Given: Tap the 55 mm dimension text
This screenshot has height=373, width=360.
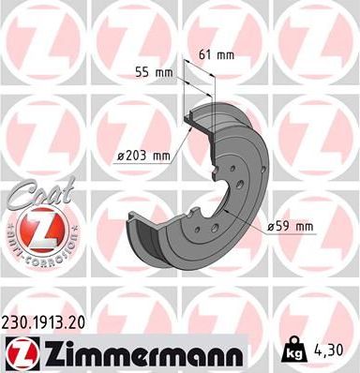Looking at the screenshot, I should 153,72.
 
